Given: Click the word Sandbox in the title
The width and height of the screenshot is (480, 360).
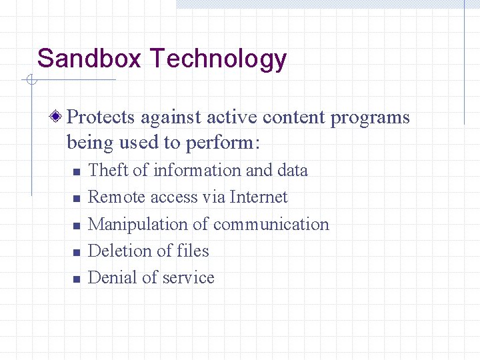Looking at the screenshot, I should pyautogui.click(x=89, y=59).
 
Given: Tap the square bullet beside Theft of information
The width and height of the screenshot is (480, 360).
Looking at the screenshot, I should pyautogui.click(x=76, y=172).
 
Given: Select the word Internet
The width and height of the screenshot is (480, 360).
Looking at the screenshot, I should pyautogui.click(x=259, y=197).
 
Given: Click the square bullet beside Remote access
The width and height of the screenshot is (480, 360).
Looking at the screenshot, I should pyautogui.click(x=76, y=199).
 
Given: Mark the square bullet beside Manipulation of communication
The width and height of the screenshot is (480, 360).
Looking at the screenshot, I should pyautogui.click(x=76, y=226).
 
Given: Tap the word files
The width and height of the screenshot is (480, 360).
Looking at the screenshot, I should pyautogui.click(x=193, y=251).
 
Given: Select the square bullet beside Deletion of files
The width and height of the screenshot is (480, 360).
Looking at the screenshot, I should pyautogui.click(x=76, y=253).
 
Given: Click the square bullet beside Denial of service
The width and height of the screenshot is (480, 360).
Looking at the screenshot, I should pyautogui.click(x=76, y=279).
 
